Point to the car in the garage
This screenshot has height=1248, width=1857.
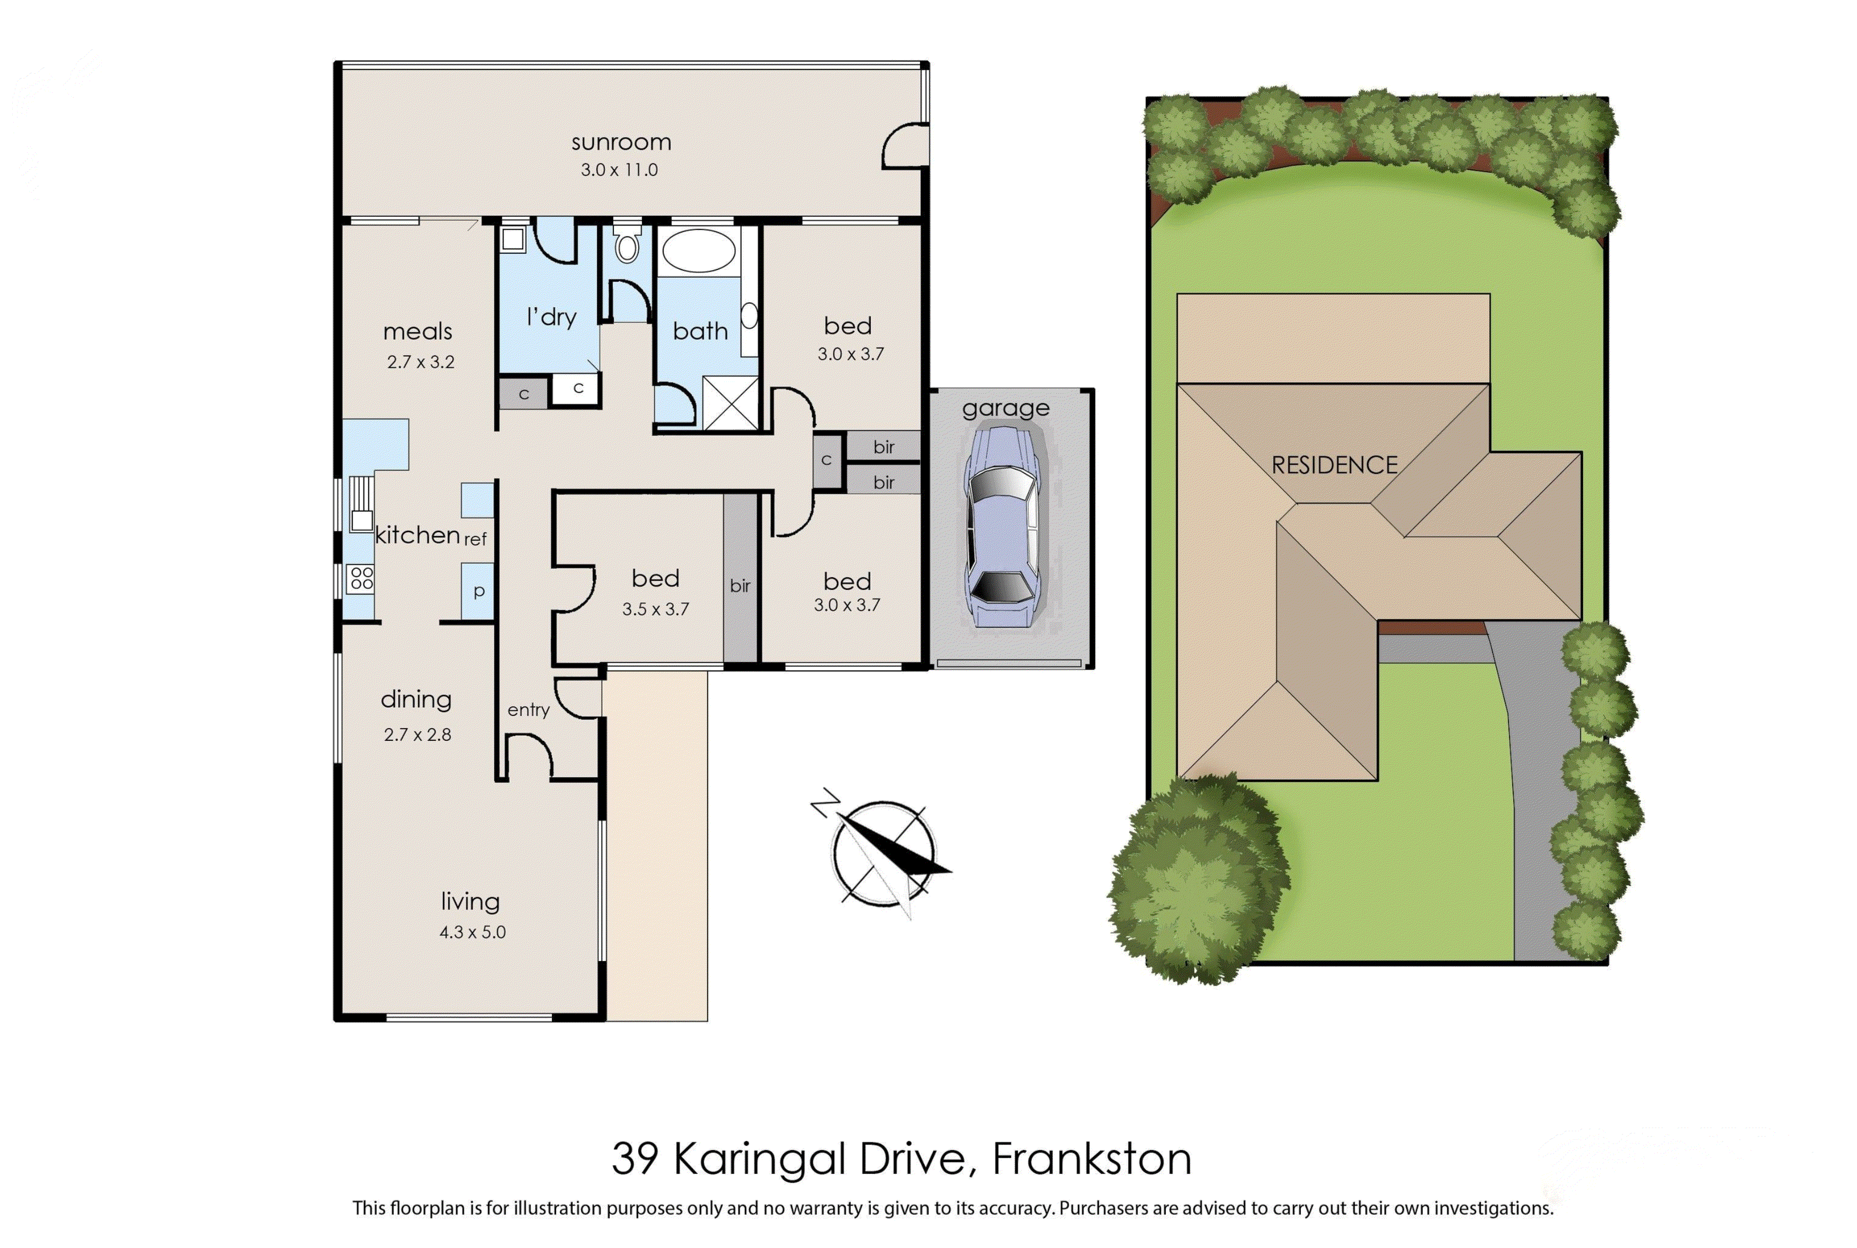[x=1002, y=526]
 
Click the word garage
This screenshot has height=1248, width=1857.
[x=1005, y=409]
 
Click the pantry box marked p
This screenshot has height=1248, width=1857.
[x=478, y=591]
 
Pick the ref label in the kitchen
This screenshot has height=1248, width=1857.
[x=475, y=540]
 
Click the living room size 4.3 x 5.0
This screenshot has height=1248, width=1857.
[x=472, y=932]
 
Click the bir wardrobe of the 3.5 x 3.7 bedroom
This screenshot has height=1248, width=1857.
[x=740, y=578]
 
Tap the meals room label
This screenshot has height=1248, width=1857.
[x=417, y=331]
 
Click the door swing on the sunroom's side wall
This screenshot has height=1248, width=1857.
[x=905, y=145]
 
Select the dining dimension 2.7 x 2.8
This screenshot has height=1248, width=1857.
[x=417, y=734]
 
